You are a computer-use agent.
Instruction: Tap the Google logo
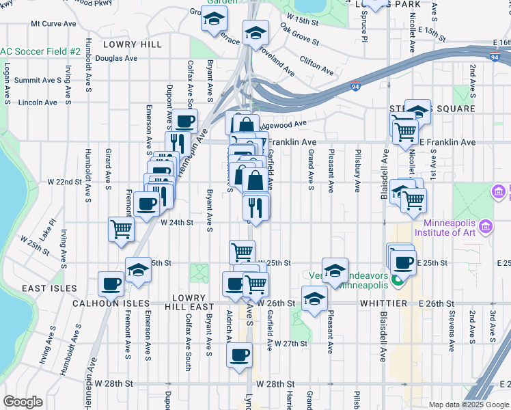(x=23, y=402)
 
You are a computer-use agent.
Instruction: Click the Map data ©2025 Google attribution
(x=467, y=404)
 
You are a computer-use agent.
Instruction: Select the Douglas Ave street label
(x=116, y=58)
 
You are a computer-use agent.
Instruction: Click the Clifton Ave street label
(x=316, y=66)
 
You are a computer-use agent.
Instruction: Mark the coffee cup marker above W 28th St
(x=238, y=355)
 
